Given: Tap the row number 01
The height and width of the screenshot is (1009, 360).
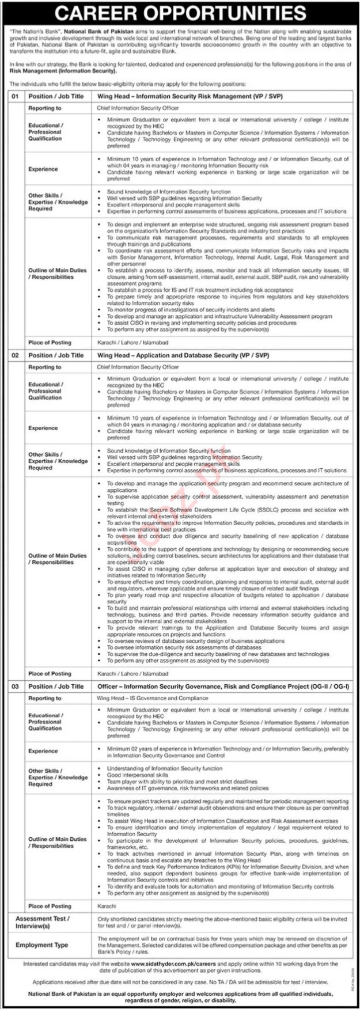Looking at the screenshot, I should coord(16,96).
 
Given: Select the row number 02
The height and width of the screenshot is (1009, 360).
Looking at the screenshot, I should coord(16,355).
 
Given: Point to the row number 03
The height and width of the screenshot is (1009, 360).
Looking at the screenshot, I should coord(16,686).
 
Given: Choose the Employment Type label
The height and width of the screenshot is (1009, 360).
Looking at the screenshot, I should coord(42,945).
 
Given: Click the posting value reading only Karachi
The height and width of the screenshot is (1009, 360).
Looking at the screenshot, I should coord(107,906).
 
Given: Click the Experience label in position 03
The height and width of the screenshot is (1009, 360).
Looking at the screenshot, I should coord(43,751).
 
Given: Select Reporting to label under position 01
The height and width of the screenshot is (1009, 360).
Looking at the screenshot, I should coord(45,108).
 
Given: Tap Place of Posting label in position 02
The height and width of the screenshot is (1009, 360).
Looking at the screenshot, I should coord(50,673).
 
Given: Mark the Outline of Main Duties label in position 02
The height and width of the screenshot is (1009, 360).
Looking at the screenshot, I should coord(58,559).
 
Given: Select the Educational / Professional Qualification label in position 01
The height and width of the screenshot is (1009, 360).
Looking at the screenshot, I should coord(46,131).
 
